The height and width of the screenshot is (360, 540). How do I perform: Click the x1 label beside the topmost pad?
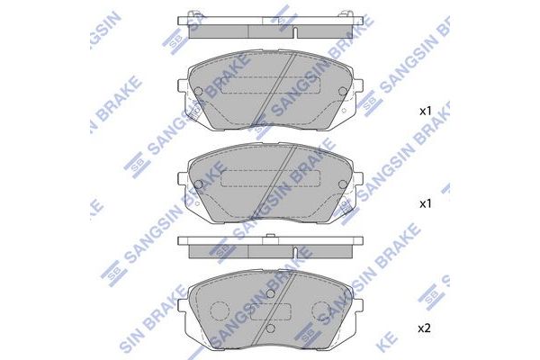click(426, 112)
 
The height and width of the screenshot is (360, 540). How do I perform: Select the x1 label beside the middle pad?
click(426, 204)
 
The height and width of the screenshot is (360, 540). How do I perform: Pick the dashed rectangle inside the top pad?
click(270, 84)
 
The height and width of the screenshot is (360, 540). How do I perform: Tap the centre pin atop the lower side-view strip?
click(271, 237)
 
